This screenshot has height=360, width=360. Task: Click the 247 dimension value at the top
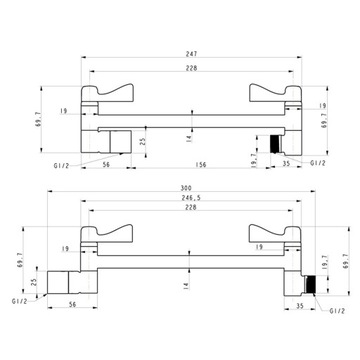[x=192, y=53]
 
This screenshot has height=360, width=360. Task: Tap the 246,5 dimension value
[x=191, y=197]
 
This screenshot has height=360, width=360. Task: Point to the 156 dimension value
[x=201, y=164]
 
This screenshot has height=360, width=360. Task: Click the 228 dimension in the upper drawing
[x=191, y=68]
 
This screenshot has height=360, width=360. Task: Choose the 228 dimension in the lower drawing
[x=191, y=207]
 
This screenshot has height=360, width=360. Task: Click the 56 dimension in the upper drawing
[x=106, y=164]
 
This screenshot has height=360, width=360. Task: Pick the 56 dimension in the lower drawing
[x=72, y=304]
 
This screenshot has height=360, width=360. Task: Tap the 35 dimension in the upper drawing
[x=286, y=163]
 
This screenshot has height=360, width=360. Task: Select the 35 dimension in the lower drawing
[x=300, y=305]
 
